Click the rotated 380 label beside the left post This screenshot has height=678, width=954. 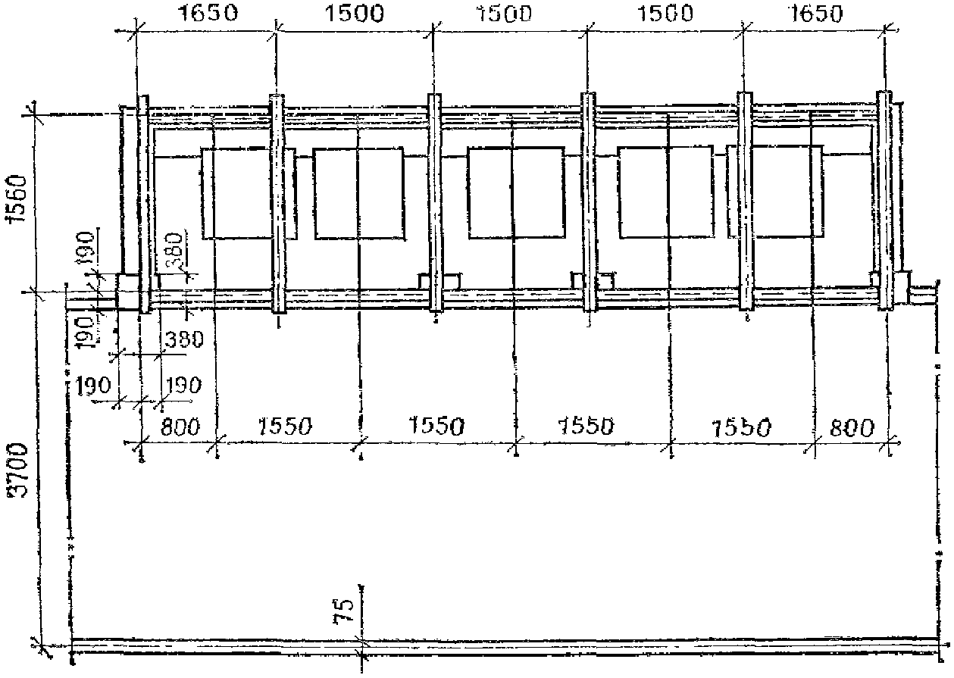(x=174, y=251)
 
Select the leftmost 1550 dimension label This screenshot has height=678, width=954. (x=283, y=426)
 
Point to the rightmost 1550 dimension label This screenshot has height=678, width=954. (x=742, y=426)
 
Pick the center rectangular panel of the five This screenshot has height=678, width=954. (x=516, y=194)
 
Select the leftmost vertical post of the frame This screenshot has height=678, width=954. (x=142, y=203)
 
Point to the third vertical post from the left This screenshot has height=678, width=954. (x=435, y=202)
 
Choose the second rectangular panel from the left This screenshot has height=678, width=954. (x=358, y=194)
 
